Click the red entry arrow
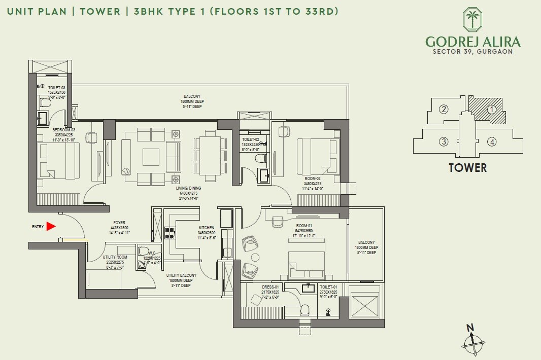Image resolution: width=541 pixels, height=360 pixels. coord(50,226)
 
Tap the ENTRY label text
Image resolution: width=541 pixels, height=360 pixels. coord(38,227)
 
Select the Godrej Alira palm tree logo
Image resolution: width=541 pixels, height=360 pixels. coord(472,20)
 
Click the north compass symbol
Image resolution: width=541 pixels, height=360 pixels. coord(472,343)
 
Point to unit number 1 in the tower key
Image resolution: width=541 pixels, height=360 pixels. coord(491,109)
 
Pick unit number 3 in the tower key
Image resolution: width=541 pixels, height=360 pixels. coord(444,141)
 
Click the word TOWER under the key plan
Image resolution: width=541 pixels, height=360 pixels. coord(467,167)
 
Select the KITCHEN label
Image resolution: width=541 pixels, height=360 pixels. coord(207,228)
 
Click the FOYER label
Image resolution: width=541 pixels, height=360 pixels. coord(119,223)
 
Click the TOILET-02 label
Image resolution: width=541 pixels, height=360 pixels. coord(250,139)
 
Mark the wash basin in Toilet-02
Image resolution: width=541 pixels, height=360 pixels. coord(264,175)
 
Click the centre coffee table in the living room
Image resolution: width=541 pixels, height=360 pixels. coord(151,157)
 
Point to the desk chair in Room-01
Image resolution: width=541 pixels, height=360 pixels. coord(278,221)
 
